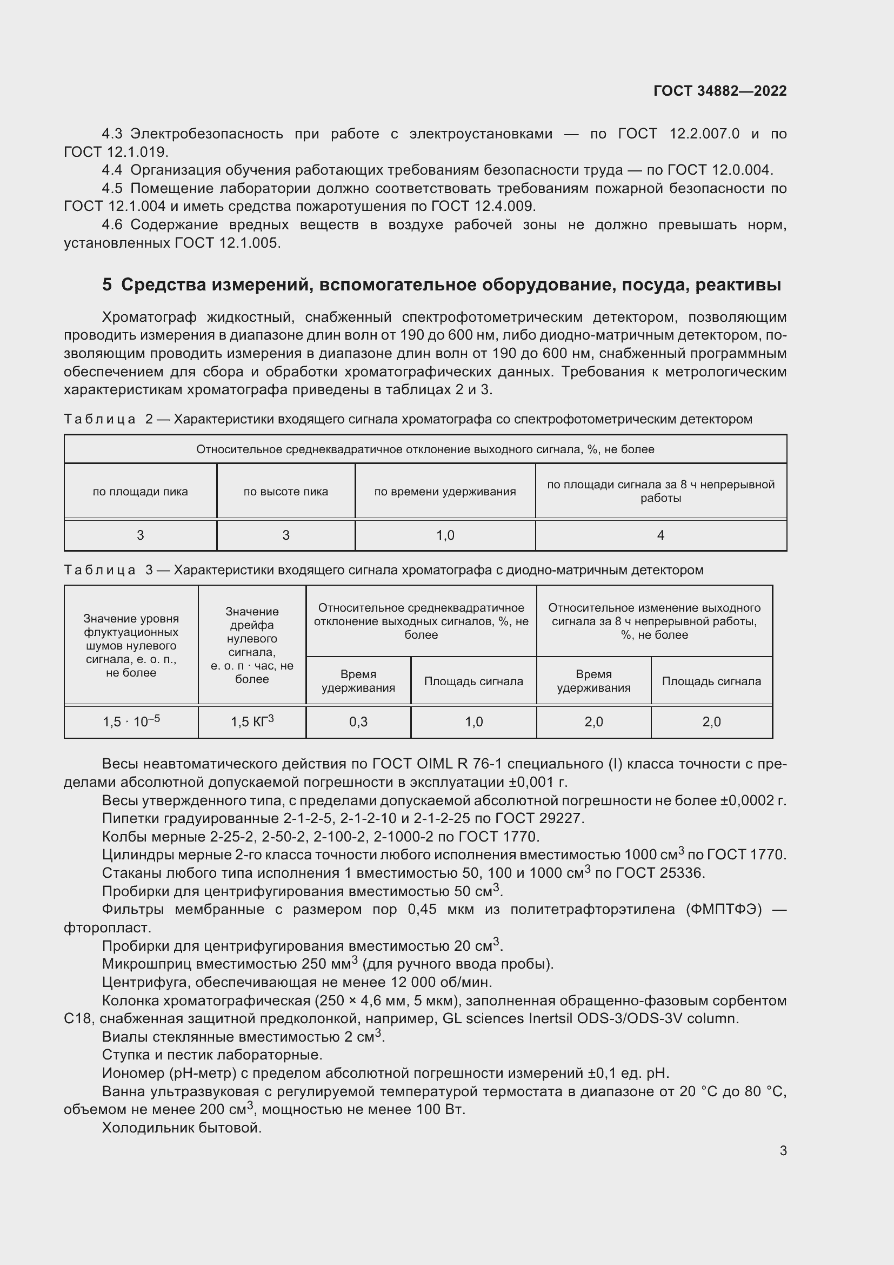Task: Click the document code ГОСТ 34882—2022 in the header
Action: click(719, 91)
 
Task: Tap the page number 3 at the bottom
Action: click(783, 1150)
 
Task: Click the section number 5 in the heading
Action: click(107, 285)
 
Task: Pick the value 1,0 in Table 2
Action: click(445, 535)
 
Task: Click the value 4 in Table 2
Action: click(661, 535)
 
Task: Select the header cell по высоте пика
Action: click(286, 492)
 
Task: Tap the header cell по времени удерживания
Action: click(445, 492)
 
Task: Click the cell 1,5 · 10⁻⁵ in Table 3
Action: click(131, 722)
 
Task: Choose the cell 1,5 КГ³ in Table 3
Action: click(252, 722)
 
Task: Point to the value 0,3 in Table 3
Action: click(358, 722)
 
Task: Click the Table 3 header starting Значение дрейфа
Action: click(252, 645)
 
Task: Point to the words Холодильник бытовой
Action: click(182, 1127)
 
